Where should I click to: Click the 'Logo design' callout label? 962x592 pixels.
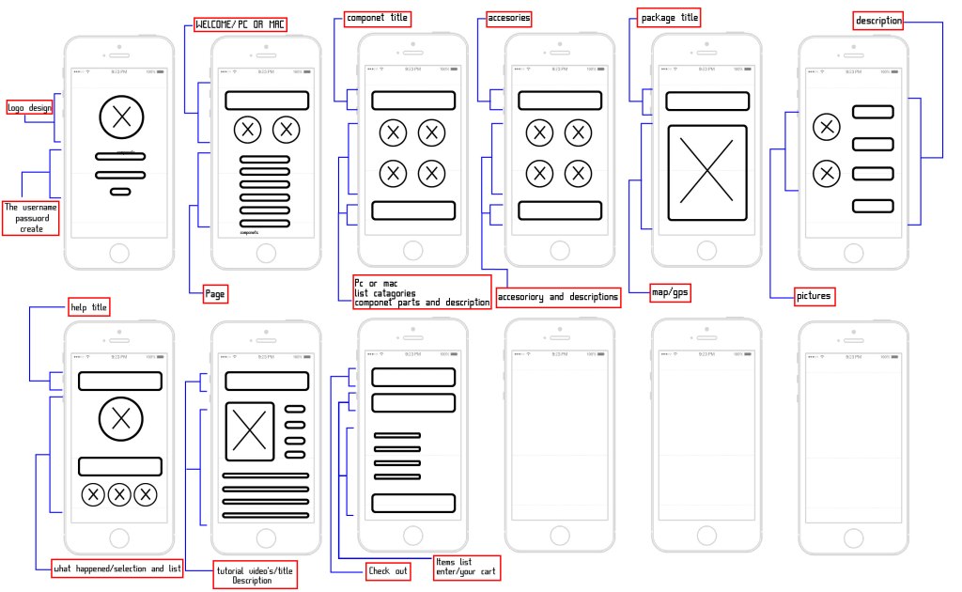coord(29,107)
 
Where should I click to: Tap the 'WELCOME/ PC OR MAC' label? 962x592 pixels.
coord(239,23)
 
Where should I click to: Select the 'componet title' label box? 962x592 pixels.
coord(377,18)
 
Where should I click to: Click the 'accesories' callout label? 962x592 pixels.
coord(508,18)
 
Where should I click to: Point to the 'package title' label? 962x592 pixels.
coord(670,18)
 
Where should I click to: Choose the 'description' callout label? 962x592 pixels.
coord(878,20)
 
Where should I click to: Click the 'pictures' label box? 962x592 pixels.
coord(814,297)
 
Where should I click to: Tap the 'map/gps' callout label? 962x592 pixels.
coord(670,293)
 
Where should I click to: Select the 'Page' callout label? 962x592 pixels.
coord(214,294)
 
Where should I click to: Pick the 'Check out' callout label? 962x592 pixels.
coord(388,570)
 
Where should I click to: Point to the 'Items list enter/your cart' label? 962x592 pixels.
coord(466,567)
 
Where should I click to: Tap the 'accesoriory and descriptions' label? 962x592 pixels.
coord(558,297)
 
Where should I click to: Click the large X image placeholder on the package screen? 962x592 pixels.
coord(707,173)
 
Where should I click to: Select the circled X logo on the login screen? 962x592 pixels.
coord(120,117)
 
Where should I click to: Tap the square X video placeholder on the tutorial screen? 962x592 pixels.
coord(250,431)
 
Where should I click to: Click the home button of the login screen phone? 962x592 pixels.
coord(119,252)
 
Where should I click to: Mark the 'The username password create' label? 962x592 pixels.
coord(31,217)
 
